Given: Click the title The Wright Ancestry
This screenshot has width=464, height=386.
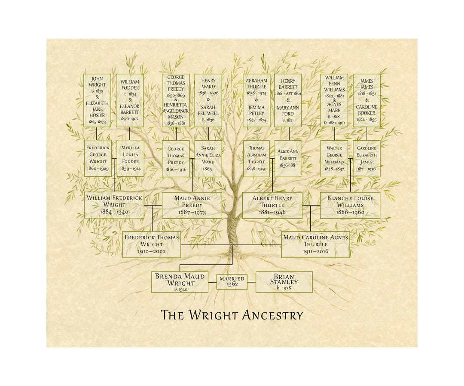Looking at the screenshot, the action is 232,315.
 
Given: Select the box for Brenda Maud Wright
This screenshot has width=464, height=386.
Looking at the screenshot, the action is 180,282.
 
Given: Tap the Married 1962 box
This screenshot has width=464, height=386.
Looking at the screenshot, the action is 232,281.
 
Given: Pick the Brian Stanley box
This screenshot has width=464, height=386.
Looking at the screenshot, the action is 284,282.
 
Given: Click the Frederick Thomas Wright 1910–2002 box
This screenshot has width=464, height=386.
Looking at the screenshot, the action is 151,244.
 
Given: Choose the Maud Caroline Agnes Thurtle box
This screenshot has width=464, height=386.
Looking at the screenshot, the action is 315,244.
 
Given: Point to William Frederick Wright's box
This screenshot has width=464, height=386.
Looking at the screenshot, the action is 114,205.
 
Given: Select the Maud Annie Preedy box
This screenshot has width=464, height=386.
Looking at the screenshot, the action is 192,205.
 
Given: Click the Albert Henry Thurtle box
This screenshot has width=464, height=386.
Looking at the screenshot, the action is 272,205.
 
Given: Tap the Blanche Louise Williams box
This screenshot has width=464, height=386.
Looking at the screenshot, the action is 350,205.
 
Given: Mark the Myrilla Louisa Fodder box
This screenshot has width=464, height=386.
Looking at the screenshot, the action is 130,158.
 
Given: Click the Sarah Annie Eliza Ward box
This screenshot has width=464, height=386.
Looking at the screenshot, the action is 208,158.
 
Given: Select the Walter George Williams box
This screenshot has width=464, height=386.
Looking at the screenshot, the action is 334,158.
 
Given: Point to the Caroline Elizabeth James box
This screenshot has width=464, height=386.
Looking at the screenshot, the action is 366,158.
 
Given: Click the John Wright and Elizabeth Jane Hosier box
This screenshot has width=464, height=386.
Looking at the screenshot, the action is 97,100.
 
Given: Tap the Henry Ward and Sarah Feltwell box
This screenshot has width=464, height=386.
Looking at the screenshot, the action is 208,100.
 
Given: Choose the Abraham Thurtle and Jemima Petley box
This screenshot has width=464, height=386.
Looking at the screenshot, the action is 256,100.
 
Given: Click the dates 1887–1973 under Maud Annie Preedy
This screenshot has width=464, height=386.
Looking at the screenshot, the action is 192,212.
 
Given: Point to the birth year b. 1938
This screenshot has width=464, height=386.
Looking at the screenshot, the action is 284,288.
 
